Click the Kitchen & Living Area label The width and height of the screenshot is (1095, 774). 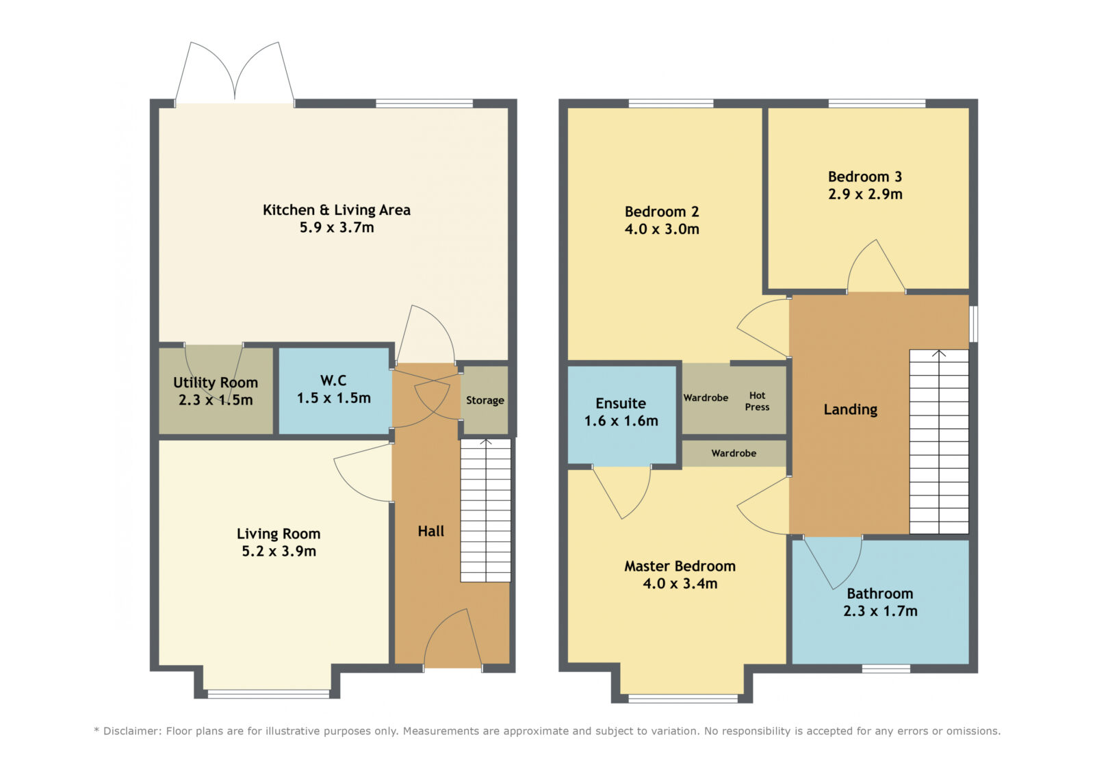(336, 210)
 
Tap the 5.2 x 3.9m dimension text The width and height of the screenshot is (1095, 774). (279, 551)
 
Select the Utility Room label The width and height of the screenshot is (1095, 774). (216, 383)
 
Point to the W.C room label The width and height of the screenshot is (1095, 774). (333, 380)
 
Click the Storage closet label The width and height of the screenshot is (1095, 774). (485, 400)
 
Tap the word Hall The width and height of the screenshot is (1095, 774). (430, 531)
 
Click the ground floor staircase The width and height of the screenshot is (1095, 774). (485, 511)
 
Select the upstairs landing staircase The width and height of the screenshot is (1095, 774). (938, 441)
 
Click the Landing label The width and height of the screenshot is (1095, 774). (851, 409)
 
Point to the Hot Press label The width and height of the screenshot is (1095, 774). (757, 401)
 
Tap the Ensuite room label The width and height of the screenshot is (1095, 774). (621, 403)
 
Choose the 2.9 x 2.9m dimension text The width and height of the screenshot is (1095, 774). (865, 194)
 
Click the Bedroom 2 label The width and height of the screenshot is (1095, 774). (662, 211)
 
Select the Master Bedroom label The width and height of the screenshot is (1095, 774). (680, 566)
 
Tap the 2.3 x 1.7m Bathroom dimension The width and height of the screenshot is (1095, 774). (880, 610)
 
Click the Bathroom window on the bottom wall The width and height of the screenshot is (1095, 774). (886, 669)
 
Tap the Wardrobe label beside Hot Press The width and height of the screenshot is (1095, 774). (706, 398)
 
